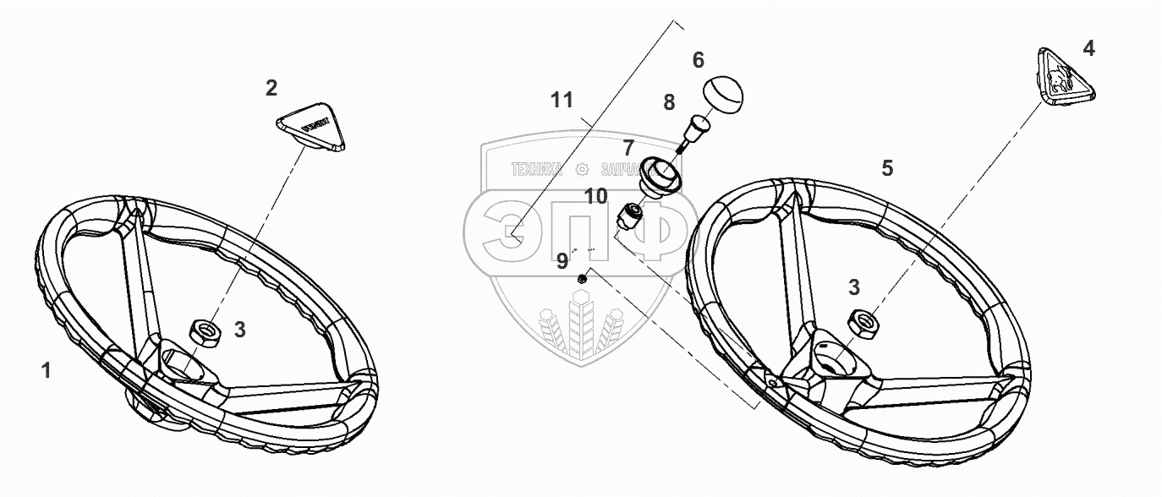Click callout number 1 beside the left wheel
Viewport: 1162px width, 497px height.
point(47,369)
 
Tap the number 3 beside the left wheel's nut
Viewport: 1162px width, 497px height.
point(239,330)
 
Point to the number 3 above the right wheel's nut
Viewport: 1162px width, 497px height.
point(854,287)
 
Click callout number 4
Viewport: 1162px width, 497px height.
point(1088,49)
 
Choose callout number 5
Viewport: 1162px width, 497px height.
point(887,168)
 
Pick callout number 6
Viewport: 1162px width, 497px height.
point(698,60)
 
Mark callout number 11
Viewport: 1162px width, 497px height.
point(562,101)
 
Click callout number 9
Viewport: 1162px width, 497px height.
point(562,261)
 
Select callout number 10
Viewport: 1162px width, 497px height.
point(595,197)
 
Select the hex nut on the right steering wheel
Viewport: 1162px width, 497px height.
point(863,320)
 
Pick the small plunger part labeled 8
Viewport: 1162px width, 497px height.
point(696,130)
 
